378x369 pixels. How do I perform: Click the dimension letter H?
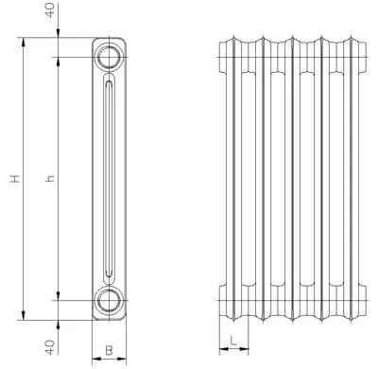(15, 179)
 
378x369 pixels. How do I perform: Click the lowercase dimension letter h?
(50, 179)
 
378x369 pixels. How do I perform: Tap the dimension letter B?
(109, 350)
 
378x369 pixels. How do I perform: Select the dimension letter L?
(233, 341)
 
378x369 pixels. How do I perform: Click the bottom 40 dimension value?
(50, 347)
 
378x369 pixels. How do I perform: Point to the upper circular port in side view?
(109, 57)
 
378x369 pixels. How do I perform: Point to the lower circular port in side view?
(109, 300)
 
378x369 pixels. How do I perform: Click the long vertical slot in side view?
(109, 179)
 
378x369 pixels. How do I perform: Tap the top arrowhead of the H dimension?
(23, 42)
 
